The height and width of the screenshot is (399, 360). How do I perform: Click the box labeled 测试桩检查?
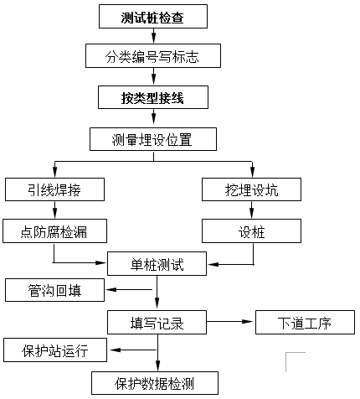(153, 16)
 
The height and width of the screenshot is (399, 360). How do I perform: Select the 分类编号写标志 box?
(153, 55)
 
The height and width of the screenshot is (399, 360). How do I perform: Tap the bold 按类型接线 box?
(153, 97)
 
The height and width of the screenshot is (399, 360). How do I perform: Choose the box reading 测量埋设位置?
(153, 139)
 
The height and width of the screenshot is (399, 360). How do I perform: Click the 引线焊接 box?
(54, 189)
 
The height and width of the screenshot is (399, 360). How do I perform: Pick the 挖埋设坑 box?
(251, 189)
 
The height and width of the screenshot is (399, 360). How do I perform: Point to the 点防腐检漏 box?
(54, 231)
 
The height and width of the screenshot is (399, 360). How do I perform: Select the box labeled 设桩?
(251, 231)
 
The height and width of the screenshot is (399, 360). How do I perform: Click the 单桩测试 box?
(157, 264)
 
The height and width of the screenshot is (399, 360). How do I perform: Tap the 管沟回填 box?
(54, 290)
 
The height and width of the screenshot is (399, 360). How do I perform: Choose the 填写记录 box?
(157, 322)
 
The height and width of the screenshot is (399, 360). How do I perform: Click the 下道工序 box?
(305, 322)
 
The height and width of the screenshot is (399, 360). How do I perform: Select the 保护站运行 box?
(55, 350)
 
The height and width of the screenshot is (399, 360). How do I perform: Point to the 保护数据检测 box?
(155, 383)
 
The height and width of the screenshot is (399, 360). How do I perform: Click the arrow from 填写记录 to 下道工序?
(229, 322)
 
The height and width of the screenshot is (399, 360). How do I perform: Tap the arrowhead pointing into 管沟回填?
(111, 289)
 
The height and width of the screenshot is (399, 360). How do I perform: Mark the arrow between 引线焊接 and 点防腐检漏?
(54, 210)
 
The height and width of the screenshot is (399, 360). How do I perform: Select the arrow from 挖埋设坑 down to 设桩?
(251, 210)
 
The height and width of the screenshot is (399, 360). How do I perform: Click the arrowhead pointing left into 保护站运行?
(115, 350)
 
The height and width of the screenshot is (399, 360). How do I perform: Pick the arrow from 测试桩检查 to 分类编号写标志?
(153, 36)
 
